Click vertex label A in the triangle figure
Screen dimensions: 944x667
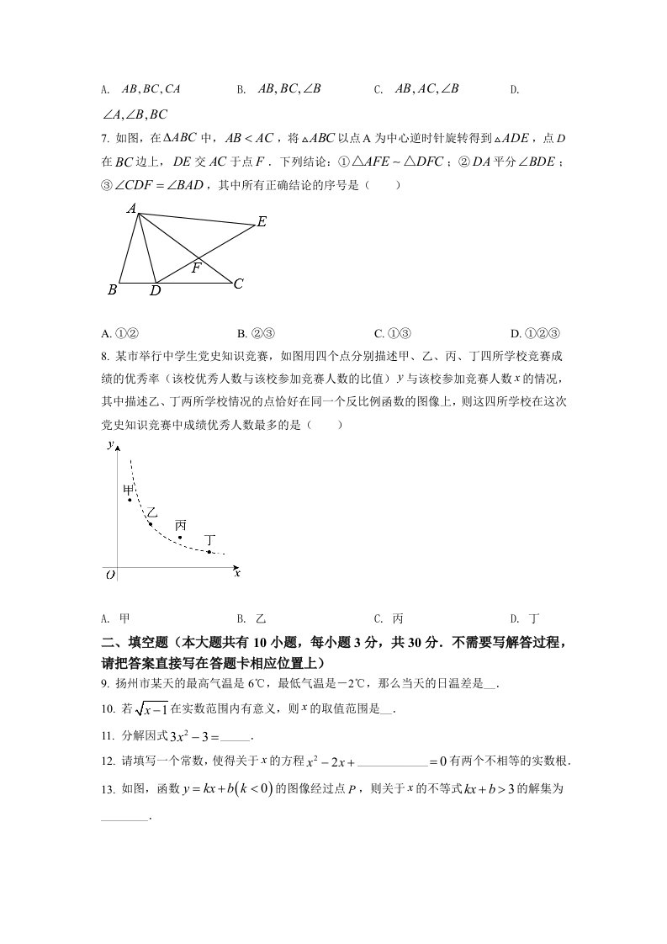(x=132, y=208)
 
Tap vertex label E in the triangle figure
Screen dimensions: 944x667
(x=262, y=221)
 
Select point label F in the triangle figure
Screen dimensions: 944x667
(x=196, y=268)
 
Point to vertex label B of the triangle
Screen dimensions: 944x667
(x=112, y=290)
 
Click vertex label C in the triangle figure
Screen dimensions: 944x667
(x=238, y=284)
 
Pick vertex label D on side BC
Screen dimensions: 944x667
(x=155, y=291)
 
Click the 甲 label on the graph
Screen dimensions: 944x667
(x=129, y=489)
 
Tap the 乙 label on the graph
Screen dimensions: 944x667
(x=151, y=512)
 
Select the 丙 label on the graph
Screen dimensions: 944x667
(x=180, y=525)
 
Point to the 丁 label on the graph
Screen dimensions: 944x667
(x=209, y=539)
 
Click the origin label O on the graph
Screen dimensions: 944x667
(x=110, y=575)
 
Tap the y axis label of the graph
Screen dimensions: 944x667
(x=110, y=445)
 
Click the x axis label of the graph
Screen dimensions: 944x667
(x=237, y=572)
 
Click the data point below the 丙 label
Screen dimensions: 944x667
(x=180, y=537)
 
